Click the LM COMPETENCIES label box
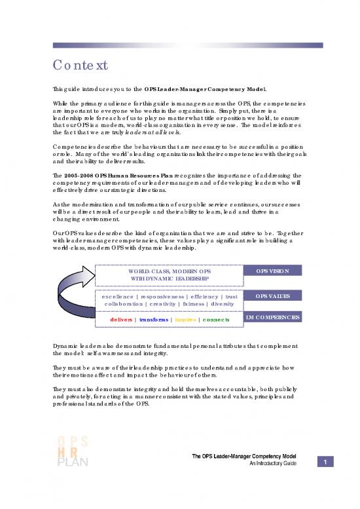(272, 317)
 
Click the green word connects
(216, 319)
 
